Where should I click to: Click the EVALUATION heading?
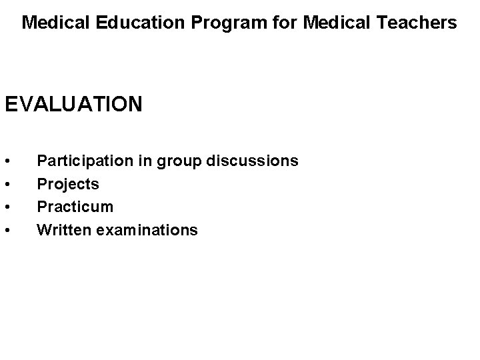pyautogui.click(x=73, y=105)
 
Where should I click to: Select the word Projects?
pyautogui.click(x=68, y=184)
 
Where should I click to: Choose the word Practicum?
pyautogui.click(x=75, y=207)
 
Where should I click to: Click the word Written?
pyautogui.click(x=64, y=230)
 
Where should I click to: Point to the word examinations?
pyautogui.click(x=147, y=230)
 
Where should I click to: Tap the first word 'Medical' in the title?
pyautogui.click(x=49, y=23)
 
